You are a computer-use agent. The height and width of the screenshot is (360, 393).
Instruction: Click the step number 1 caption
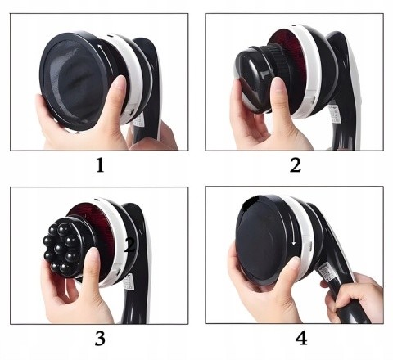point(100,165)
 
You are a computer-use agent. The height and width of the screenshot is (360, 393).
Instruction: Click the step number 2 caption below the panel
point(296,165)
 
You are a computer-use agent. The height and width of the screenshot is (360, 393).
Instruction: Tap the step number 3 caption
point(100,339)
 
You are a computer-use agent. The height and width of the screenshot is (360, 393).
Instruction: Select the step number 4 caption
point(301,339)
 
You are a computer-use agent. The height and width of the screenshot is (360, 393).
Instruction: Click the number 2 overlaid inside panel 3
point(129,245)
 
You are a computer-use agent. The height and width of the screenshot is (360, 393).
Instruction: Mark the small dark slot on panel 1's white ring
point(110,36)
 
